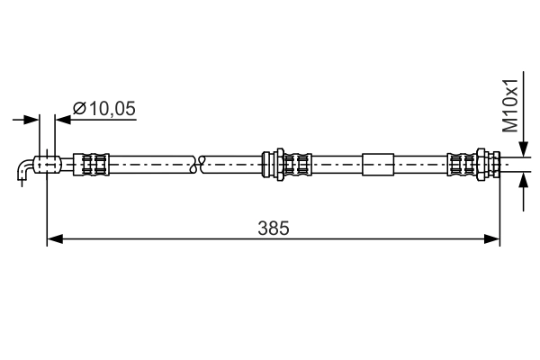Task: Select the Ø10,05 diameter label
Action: (x=103, y=108)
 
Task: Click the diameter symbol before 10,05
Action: (x=78, y=108)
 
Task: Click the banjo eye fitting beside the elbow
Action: (x=46, y=165)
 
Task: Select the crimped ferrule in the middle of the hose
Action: (x=297, y=165)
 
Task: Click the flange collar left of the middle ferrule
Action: (x=268, y=165)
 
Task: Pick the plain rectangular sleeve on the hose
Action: (x=377, y=165)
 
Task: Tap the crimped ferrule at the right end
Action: (x=461, y=165)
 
